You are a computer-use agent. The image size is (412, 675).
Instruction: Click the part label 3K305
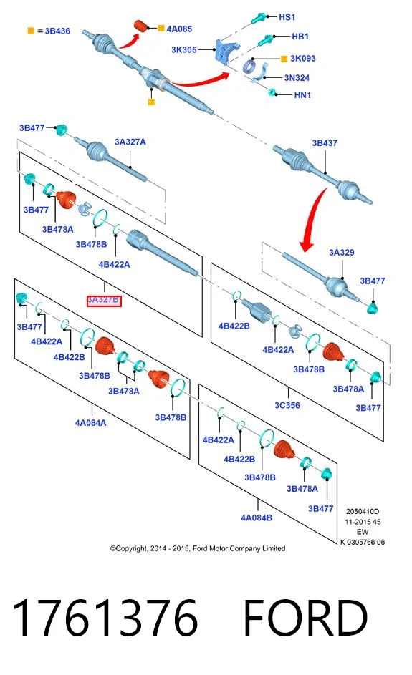coord(184,50)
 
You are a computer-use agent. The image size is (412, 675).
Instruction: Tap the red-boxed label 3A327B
coord(104,300)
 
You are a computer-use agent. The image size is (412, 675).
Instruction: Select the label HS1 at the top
coord(287,17)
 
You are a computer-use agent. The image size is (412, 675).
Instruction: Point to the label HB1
coord(300,37)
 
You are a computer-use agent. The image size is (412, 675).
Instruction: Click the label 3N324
coord(297,78)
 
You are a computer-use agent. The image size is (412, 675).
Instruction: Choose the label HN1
coord(302,95)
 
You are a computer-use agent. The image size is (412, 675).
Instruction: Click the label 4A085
coord(179,29)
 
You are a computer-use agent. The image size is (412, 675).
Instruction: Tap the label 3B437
coord(325,143)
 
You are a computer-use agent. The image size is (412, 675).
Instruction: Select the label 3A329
coord(342,253)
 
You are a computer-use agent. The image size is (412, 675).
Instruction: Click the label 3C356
coord(287,406)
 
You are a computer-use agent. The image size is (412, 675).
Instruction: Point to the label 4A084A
coord(90,423)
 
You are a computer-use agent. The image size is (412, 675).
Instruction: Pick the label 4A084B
coord(257,518)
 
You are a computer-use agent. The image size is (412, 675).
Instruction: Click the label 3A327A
coord(130,142)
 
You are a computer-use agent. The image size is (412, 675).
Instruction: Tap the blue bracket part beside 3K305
coord(226,52)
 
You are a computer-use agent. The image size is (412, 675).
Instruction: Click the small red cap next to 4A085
coord(140,25)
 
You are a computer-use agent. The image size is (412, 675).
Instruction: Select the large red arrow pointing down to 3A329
coord(313,218)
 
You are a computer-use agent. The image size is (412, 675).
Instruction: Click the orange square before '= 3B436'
coord(31,31)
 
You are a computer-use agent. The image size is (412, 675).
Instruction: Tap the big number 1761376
coord(105,618)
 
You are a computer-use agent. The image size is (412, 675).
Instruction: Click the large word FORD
coord(305,618)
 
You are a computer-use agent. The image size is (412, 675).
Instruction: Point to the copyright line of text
coord(198,548)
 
